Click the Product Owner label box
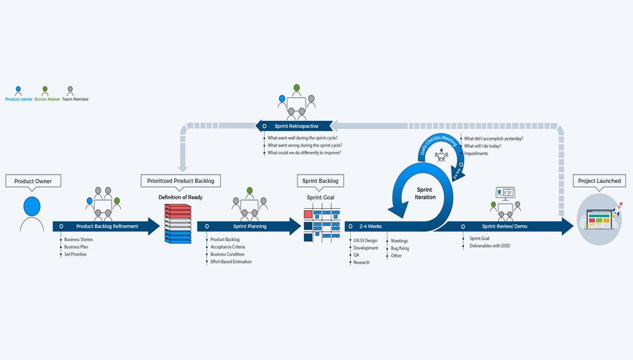click(x=33, y=181)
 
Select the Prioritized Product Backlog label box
click(x=181, y=181)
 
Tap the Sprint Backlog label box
click(x=320, y=181)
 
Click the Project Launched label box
click(x=599, y=181)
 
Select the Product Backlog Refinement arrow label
click(x=107, y=227)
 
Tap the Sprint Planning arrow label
click(x=249, y=227)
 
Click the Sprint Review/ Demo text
click(x=504, y=227)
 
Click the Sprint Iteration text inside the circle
click(x=425, y=193)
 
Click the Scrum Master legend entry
click(x=47, y=99)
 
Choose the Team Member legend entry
click(x=75, y=99)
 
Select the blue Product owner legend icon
click(x=18, y=90)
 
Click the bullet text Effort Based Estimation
click(x=231, y=262)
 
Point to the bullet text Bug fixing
click(x=400, y=249)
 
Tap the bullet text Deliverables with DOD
click(x=489, y=246)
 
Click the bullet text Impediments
click(x=476, y=154)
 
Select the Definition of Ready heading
click(x=180, y=197)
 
